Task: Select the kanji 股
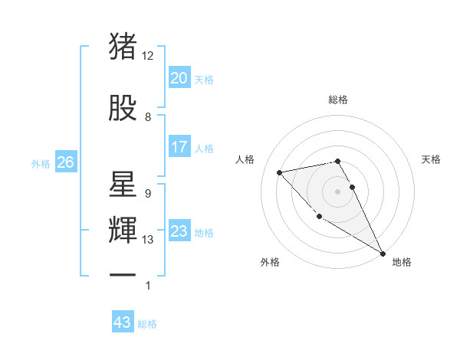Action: tap(123, 108)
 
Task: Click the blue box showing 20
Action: tap(179, 78)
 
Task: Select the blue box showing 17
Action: tap(179, 147)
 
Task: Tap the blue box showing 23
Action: tap(179, 232)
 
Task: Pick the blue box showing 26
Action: tap(65, 162)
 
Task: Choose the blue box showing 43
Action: tap(123, 322)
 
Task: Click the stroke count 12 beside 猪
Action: tap(148, 56)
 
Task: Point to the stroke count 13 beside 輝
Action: tap(148, 240)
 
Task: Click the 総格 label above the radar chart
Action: tap(338, 100)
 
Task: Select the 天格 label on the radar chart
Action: tap(432, 159)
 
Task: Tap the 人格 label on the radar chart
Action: tap(245, 159)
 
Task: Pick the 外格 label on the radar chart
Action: tap(269, 262)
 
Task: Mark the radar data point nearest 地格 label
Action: tap(383, 254)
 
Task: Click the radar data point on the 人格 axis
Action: tap(280, 172)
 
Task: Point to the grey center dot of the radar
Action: tap(338, 191)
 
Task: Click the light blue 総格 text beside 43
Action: tap(148, 323)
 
